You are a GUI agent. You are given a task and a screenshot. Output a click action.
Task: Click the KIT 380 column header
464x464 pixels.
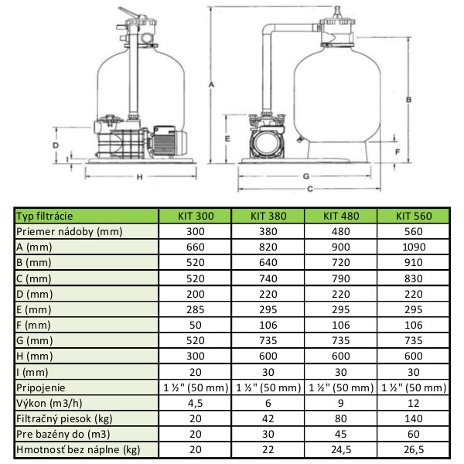268,216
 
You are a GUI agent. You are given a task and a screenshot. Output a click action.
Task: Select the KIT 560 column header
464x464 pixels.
414,216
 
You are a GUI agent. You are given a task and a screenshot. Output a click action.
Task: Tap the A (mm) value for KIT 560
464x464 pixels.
414,247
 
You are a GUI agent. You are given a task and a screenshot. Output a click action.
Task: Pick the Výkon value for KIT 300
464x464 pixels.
196,403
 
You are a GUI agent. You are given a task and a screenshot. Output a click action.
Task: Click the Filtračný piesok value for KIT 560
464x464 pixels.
414,418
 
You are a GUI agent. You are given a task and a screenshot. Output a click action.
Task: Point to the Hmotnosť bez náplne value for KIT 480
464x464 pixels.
341,449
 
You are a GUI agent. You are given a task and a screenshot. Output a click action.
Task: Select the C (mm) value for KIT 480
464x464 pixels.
341,278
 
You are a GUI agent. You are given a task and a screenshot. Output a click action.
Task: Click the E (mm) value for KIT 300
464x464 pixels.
196,309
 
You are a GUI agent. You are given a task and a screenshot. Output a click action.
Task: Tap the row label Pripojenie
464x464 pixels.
40,387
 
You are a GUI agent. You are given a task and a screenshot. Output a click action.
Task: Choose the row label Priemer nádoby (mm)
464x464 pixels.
70,231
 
